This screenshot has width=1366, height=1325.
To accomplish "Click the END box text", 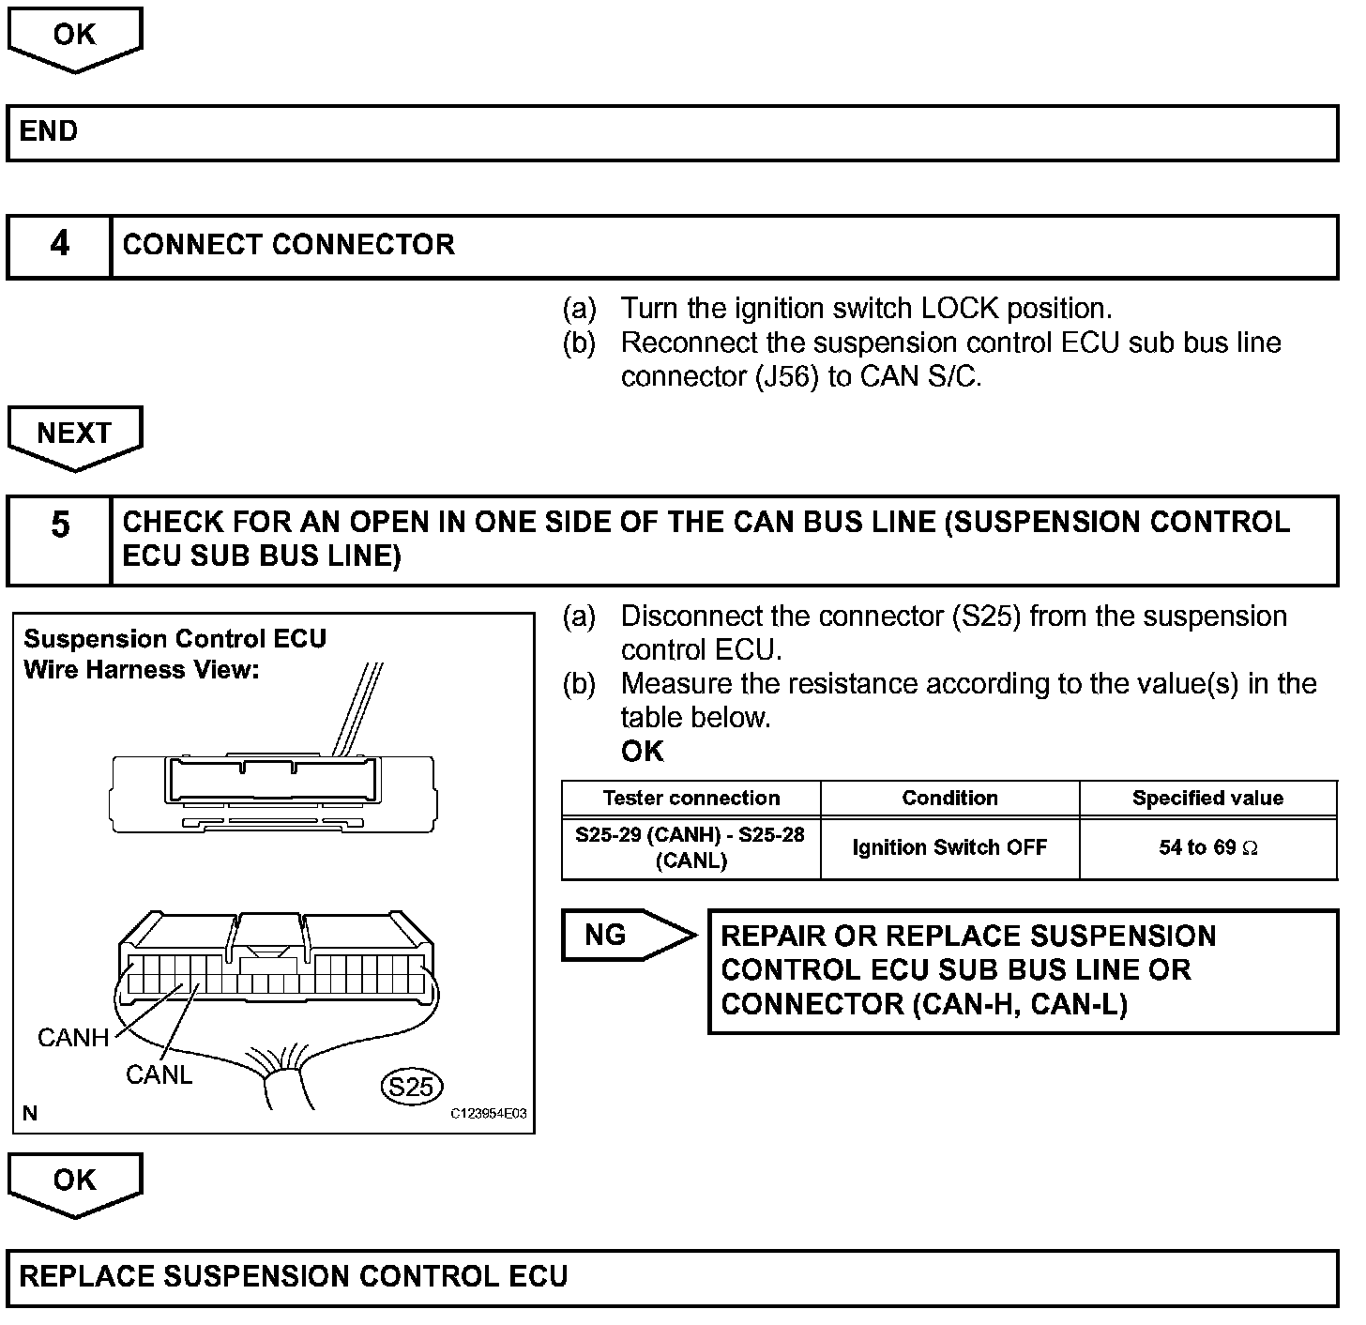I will [x=49, y=131].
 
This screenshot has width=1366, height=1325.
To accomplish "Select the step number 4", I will [x=59, y=245].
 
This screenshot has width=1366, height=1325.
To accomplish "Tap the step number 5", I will [x=59, y=525].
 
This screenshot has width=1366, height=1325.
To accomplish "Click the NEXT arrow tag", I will [x=74, y=434].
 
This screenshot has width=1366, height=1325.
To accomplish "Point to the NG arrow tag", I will [x=619, y=935].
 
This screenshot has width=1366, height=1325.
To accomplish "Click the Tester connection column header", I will [x=691, y=799].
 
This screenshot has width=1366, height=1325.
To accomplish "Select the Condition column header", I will [x=949, y=799].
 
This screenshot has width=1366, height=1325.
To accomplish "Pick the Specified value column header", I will [x=1207, y=799].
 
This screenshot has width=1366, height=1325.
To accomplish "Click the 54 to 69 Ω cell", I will [x=1207, y=848].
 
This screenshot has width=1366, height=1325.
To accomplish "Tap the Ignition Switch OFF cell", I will [x=949, y=848].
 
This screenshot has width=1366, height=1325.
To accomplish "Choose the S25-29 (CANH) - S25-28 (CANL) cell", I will [x=691, y=847].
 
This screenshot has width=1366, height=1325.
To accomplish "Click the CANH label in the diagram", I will [x=73, y=1038].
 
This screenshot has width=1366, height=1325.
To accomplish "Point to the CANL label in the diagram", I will [x=159, y=1075].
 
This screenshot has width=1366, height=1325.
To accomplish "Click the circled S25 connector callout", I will [x=411, y=1087].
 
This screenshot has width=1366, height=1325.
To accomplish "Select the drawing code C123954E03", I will [x=488, y=1114].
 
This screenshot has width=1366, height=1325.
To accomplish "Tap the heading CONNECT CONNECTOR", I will [x=289, y=245].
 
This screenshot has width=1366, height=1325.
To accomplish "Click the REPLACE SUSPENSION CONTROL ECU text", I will [x=294, y=1277].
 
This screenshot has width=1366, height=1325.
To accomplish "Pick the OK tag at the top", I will [x=74, y=36].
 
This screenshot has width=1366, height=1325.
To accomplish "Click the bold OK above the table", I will [x=643, y=752].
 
